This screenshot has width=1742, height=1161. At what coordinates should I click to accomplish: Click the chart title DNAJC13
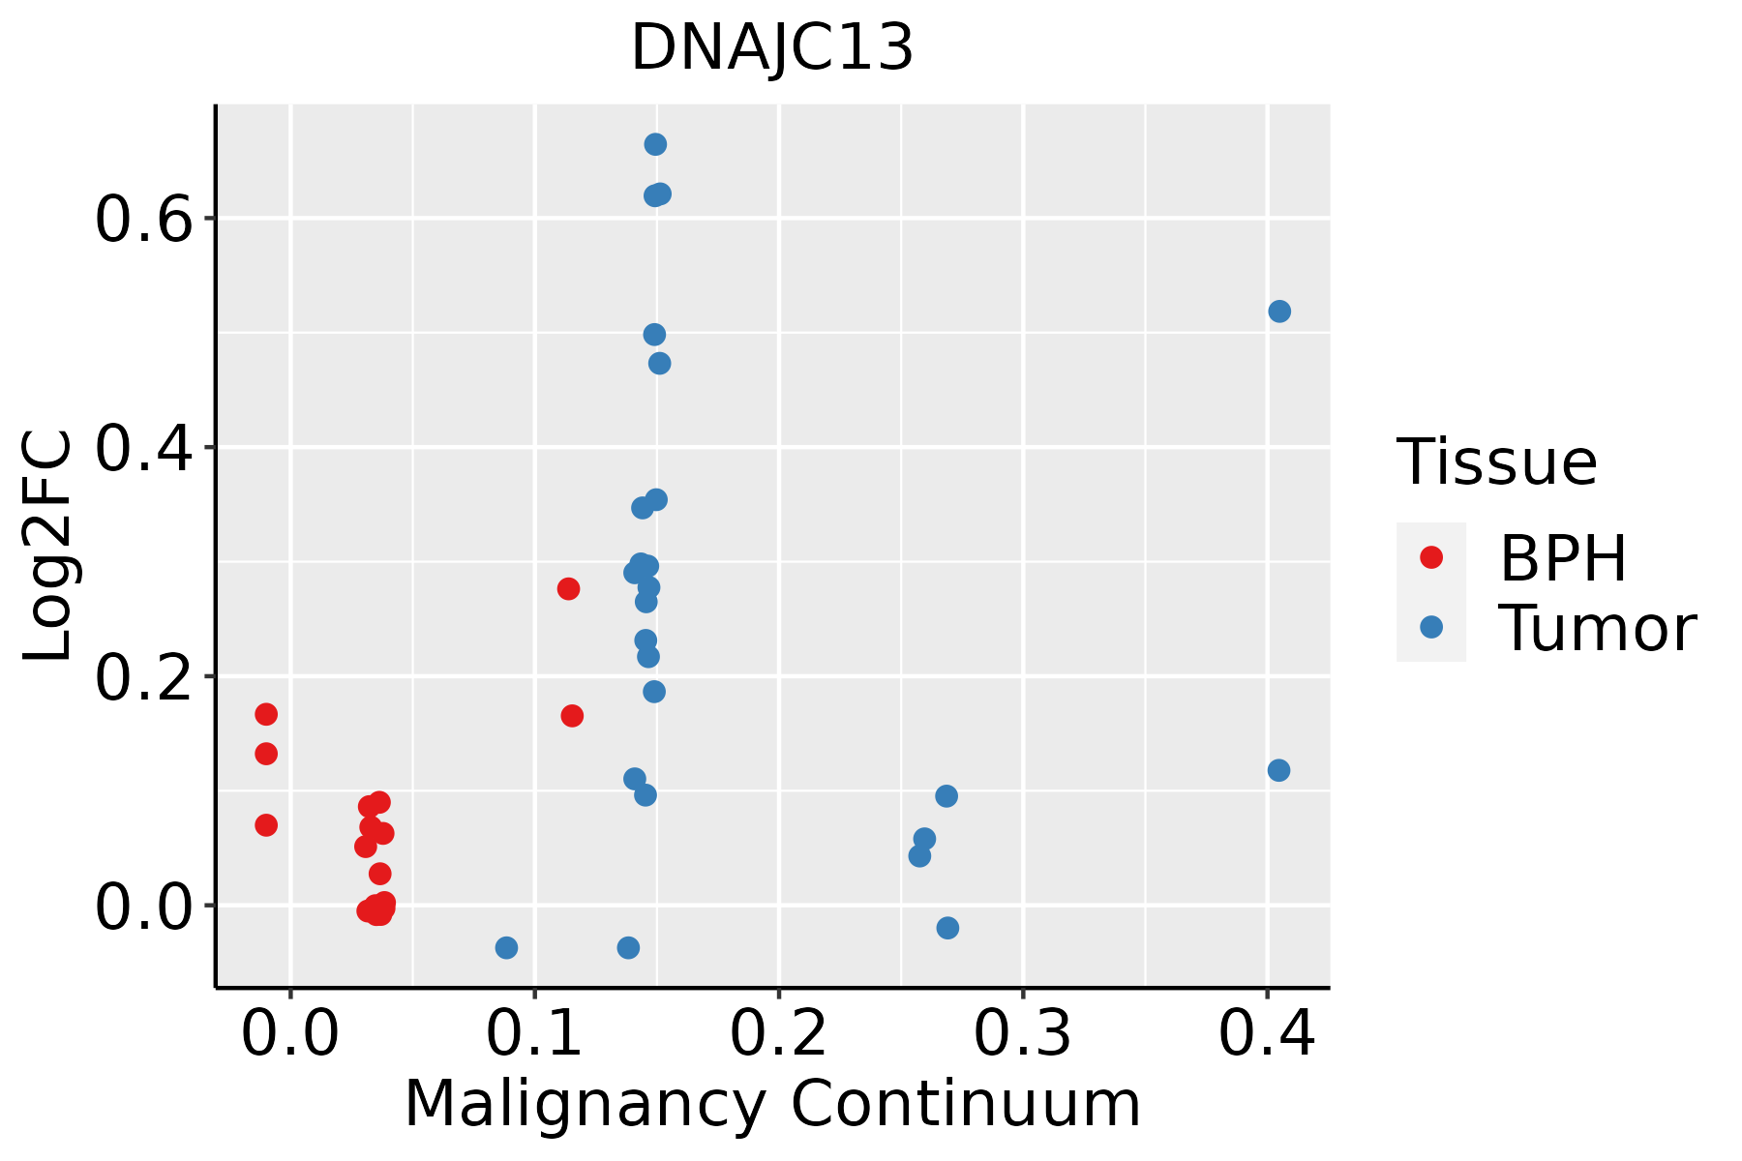click(x=772, y=48)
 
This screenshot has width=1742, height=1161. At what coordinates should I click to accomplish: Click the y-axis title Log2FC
click(x=48, y=547)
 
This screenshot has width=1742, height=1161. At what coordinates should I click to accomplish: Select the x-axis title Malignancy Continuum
click(x=772, y=1104)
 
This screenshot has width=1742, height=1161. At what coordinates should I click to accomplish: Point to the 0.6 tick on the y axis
click(x=141, y=220)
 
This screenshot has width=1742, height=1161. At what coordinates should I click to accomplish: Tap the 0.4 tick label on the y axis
click(x=141, y=448)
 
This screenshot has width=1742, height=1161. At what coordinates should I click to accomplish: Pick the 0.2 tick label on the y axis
click(x=141, y=677)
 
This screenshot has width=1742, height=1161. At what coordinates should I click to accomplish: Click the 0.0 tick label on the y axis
click(x=141, y=907)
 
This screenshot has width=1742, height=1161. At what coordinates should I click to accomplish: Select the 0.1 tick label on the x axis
click(x=534, y=1033)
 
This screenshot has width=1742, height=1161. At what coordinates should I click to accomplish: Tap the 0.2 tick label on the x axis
click(x=778, y=1033)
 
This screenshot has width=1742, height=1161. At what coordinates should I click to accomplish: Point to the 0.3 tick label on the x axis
click(x=1022, y=1033)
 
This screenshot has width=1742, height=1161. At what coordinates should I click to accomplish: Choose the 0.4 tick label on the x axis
click(x=1266, y=1033)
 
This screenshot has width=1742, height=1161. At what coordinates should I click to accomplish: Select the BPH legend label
click(x=1563, y=558)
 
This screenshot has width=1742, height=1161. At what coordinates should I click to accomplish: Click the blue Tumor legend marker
click(x=1430, y=627)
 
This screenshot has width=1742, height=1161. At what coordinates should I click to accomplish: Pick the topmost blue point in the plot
click(x=655, y=144)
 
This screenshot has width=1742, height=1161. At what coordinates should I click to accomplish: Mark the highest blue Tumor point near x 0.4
click(x=1279, y=312)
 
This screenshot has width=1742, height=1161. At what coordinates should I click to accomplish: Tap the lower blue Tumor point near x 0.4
click(x=1278, y=770)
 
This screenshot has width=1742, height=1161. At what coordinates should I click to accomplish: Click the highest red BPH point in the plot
click(x=568, y=588)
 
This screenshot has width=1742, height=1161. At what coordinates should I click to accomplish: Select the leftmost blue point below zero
click(x=506, y=947)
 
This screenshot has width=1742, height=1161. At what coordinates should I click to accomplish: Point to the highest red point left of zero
click(x=266, y=714)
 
